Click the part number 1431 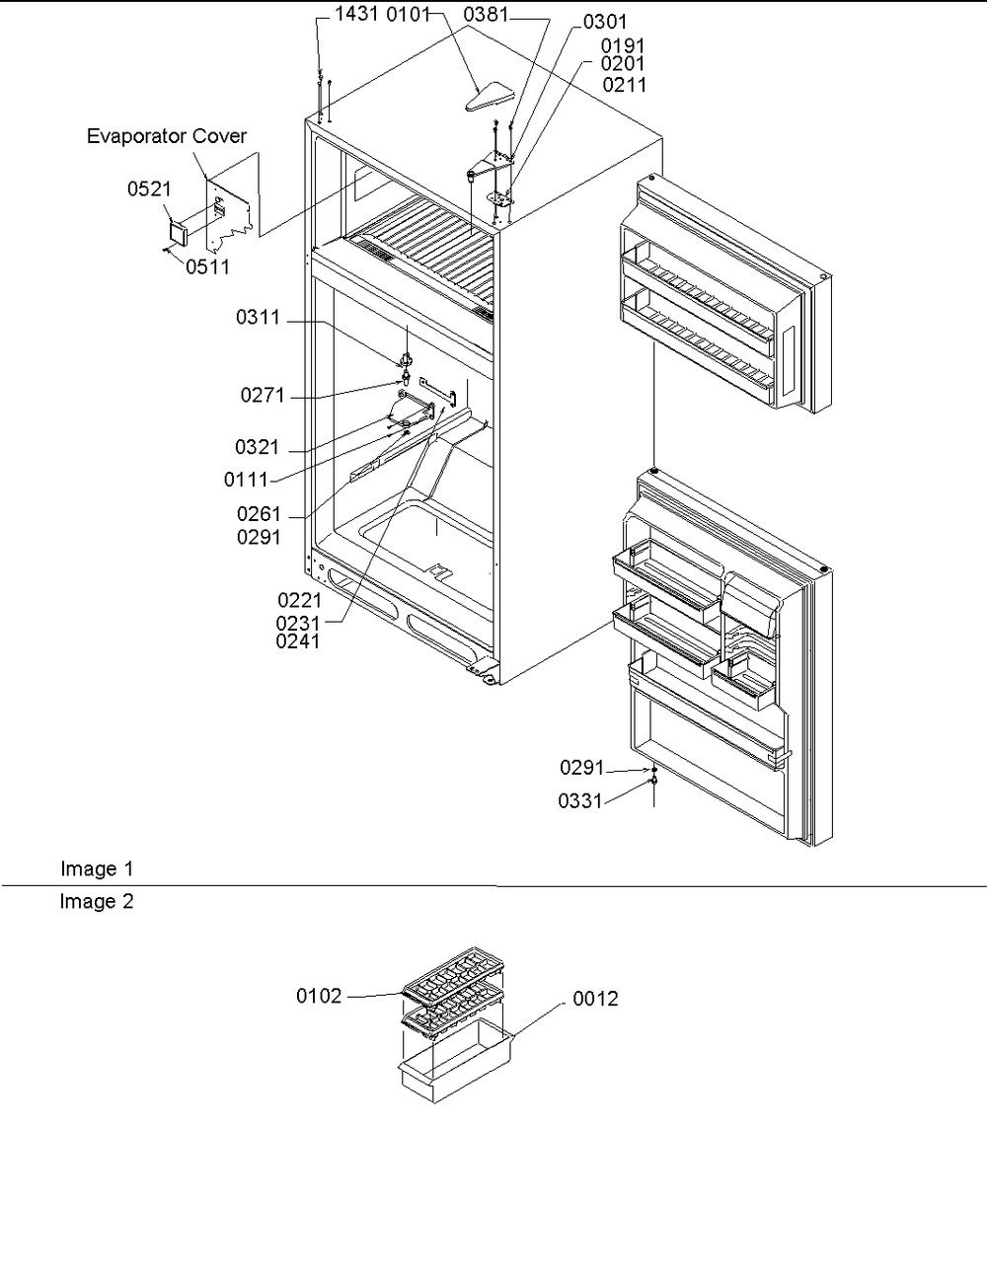(x=356, y=14)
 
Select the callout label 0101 (x=409, y=14)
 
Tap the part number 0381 (x=486, y=15)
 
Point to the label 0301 (x=605, y=22)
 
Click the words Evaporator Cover (x=167, y=136)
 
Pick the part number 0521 (x=149, y=188)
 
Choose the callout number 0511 (x=207, y=266)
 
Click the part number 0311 (x=258, y=318)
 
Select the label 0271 (x=263, y=395)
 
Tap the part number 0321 (x=258, y=447)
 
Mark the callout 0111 (x=246, y=480)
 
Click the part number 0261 (x=259, y=514)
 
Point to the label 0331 (x=580, y=801)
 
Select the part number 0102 (x=319, y=996)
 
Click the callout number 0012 (x=596, y=999)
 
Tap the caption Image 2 (x=97, y=901)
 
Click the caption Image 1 (x=97, y=868)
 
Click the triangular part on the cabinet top (x=490, y=97)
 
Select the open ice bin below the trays (x=456, y=1061)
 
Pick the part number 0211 (x=625, y=85)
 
